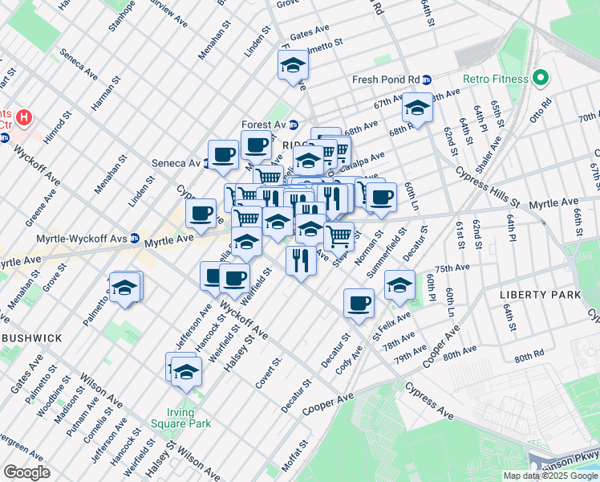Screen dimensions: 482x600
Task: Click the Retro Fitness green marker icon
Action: click(541, 79)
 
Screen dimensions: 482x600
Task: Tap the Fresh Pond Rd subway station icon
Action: click(428, 80)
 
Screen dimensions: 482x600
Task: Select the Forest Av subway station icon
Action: click(294, 125)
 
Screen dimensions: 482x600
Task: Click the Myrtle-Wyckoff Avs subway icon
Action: click(136, 239)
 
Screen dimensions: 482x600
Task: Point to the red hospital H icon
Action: click(24, 118)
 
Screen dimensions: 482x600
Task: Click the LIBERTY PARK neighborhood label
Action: click(540, 295)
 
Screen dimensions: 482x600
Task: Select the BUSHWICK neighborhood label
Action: click(31, 338)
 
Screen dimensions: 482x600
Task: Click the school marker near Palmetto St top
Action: click(294, 64)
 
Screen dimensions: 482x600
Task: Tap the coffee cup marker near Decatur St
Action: click(359, 303)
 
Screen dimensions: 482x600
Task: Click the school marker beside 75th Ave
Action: click(399, 284)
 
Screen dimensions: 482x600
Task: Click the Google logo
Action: click(26, 472)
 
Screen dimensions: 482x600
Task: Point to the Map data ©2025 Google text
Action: click(549, 476)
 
